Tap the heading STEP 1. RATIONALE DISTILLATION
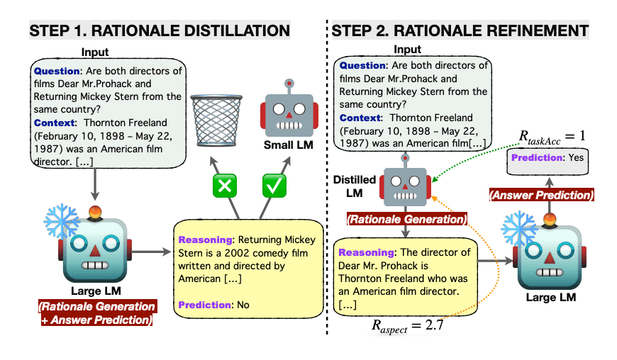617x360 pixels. point(160,30)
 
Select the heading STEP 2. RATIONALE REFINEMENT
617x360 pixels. point(460,30)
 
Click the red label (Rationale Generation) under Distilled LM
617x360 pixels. point(406,220)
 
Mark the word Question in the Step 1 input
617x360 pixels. point(59,70)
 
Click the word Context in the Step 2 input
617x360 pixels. point(360,117)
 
